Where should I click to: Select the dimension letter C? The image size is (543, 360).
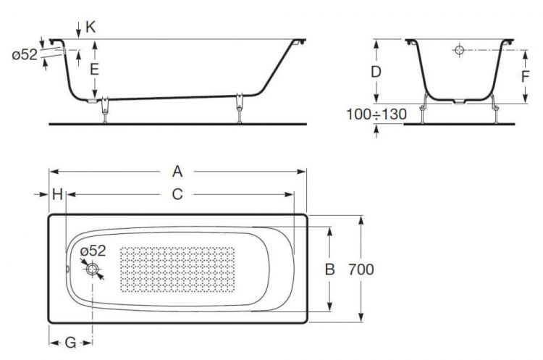click(176, 194)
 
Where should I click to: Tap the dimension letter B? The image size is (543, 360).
click(329, 269)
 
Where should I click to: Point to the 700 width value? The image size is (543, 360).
click(361, 269)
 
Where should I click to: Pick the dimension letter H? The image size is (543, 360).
click(57, 194)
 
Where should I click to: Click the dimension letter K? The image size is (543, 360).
click(90, 28)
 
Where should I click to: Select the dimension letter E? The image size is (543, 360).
click(93, 70)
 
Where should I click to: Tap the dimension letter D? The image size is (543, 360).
click(376, 72)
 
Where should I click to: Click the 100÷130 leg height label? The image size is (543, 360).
click(376, 114)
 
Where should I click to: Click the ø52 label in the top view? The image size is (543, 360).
click(93, 251)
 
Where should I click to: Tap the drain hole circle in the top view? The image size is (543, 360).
click(93, 269)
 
